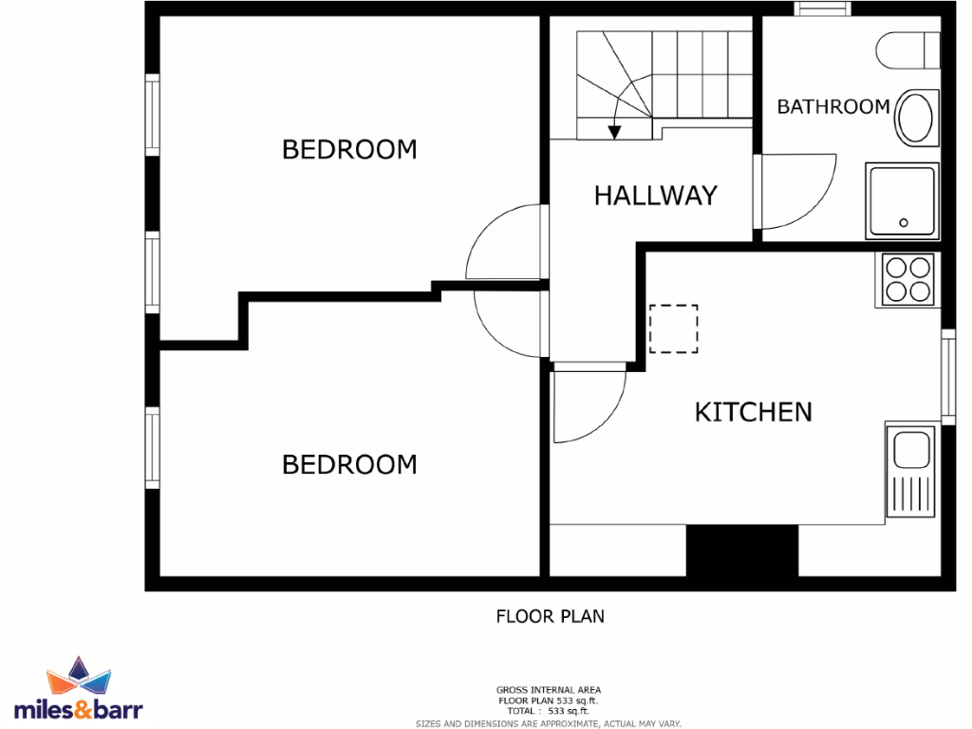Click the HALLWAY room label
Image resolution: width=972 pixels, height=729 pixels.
[655, 196]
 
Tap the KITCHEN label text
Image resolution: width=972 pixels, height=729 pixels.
[754, 412]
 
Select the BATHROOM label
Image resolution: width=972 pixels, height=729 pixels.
[833, 106]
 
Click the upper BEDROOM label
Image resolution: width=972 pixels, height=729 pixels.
[349, 150]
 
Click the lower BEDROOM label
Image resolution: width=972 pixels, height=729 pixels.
[349, 465]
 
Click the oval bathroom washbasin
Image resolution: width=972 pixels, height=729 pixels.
[917, 118]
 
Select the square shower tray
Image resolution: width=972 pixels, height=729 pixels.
[902, 200]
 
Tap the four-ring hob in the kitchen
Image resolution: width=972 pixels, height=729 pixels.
[907, 279]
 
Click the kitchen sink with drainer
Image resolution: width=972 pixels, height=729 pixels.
[911, 471]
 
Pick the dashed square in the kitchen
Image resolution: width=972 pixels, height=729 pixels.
[674, 328]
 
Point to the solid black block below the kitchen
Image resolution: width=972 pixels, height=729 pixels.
[741, 550]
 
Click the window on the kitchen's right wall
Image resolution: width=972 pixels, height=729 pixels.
[947, 376]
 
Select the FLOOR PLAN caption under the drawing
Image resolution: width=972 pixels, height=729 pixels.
[551, 616]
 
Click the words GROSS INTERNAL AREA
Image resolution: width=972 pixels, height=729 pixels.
[549, 690]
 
